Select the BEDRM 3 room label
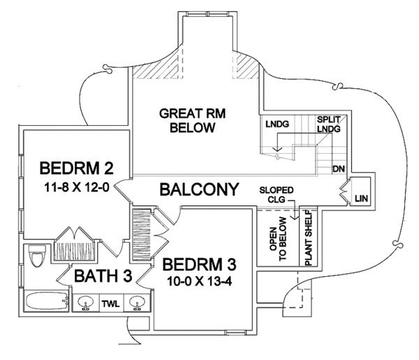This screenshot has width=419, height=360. [199, 266]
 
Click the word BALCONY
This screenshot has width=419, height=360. [200, 189]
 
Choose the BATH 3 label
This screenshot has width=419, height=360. [103, 275]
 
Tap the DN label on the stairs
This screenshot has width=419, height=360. [339, 169]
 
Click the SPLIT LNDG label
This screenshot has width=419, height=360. [329, 124]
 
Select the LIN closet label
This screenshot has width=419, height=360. [361, 199]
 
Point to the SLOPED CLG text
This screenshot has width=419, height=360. [276, 194]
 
